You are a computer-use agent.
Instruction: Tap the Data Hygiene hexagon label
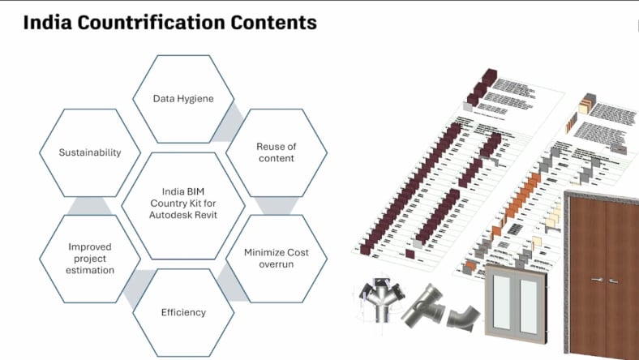coord(183,99)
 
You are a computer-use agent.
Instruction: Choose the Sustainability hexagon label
coord(90,152)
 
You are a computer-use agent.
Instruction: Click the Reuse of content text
coord(275,152)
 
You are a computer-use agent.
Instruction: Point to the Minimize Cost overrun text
coord(276,259)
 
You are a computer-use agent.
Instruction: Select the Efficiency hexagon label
coord(183,312)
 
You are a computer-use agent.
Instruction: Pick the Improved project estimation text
coord(90,259)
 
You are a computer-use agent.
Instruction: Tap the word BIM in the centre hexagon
coord(192,191)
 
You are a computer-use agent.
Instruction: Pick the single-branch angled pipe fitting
coord(424,308)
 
